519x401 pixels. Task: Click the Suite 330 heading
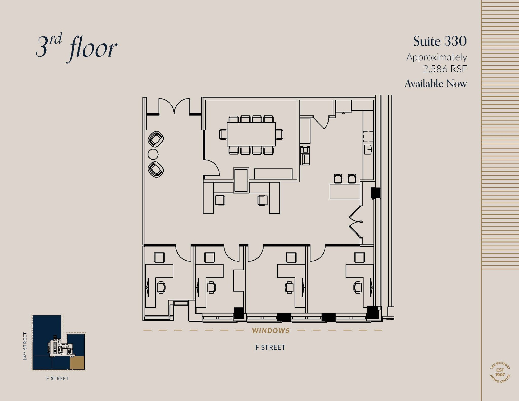pyautogui.click(x=440, y=41)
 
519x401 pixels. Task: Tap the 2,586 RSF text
pyautogui.click(x=445, y=69)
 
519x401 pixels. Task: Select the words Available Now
pyautogui.click(x=435, y=84)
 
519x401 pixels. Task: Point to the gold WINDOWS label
pyautogui.click(x=271, y=331)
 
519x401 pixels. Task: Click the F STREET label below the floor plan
pyautogui.click(x=270, y=347)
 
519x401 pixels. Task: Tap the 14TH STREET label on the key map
pyautogui.click(x=25, y=346)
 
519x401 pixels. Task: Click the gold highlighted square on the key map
pyautogui.click(x=77, y=362)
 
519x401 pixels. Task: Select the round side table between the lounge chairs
pyautogui.click(x=153, y=154)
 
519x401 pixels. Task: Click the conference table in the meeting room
pyautogui.click(x=251, y=134)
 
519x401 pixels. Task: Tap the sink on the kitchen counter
pyautogui.click(x=368, y=150)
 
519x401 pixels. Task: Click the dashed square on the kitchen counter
pyautogui.click(x=368, y=136)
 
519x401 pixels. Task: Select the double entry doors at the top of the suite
pyautogui.click(x=174, y=106)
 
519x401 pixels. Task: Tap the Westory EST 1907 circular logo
pyautogui.click(x=500, y=372)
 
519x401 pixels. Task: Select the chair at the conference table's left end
pyautogui.click(x=223, y=134)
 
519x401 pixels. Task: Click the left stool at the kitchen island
pyautogui.click(x=338, y=179)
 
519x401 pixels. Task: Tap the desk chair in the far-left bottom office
pyautogui.click(x=161, y=287)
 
